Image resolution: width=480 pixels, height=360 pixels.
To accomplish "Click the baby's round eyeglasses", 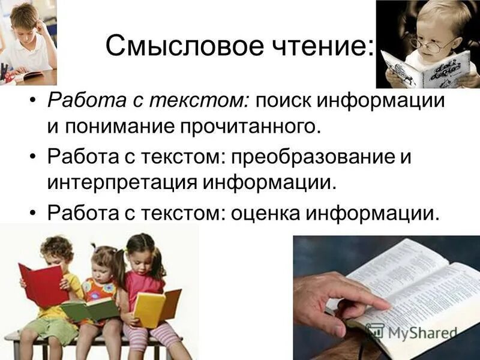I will pos(430,43).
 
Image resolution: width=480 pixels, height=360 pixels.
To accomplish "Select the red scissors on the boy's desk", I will pos(10,76).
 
